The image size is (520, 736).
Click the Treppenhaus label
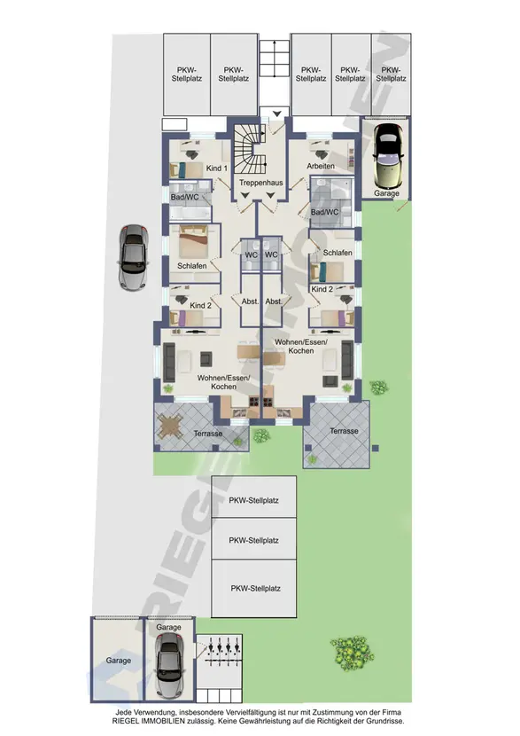[261, 183]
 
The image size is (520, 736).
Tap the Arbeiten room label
[321, 166]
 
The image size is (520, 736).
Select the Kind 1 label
[217, 168]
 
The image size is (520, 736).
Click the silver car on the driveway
[134, 257]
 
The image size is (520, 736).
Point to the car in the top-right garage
[388, 156]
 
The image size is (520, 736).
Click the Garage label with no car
[118, 661]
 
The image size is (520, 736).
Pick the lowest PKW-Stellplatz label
[255, 588]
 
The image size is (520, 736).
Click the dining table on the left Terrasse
[170, 427]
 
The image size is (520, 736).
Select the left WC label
[252, 254]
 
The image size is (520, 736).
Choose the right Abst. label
[274, 301]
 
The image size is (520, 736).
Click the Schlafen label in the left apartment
[191, 266]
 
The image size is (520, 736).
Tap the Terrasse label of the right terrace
[344, 431]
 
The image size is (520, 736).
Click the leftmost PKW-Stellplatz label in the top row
[187, 74]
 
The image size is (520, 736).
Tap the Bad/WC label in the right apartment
[324, 212]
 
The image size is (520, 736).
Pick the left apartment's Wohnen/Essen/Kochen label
[223, 382]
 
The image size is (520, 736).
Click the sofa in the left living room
[169, 362]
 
